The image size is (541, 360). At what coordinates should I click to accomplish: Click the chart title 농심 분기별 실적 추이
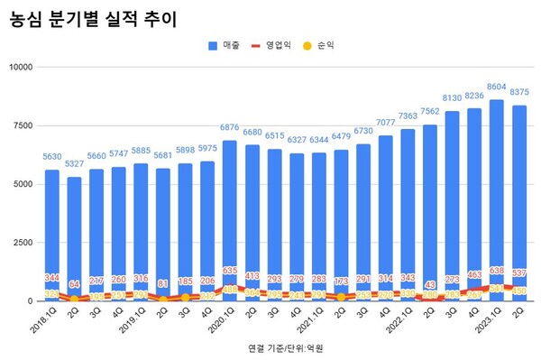point(87,18)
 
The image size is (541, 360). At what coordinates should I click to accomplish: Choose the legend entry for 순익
point(321,44)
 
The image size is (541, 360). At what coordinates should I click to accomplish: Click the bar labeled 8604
point(496,198)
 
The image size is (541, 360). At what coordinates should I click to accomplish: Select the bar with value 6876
point(230,217)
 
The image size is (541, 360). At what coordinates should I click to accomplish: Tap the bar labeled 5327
point(75,235)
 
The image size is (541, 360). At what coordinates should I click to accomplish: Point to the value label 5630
point(52,156)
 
